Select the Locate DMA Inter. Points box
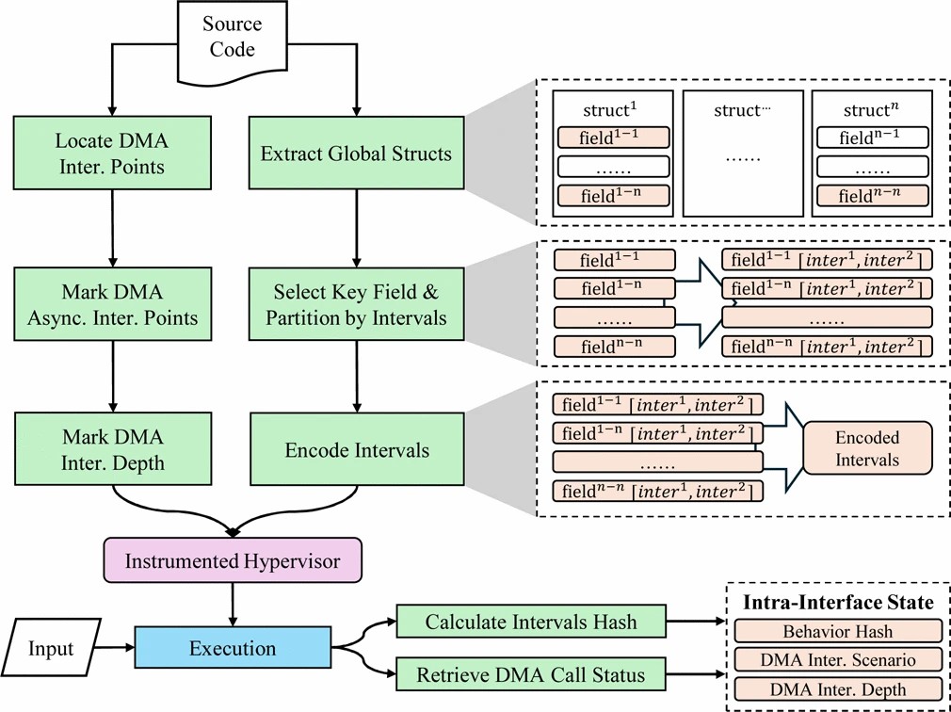[112, 154]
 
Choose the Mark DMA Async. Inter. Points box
[112, 304]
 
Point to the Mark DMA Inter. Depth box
[112, 449]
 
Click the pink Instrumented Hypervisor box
[233, 562]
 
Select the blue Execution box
[233, 648]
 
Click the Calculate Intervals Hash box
[531, 622]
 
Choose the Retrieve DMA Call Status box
[531, 674]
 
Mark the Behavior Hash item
[837, 631]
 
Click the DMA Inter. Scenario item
[837, 659]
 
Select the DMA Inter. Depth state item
[837, 688]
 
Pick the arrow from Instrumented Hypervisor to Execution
[233, 603]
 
